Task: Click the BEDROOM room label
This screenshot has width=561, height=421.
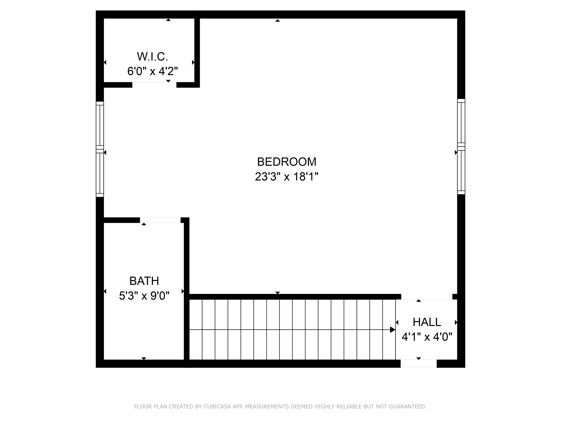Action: tap(287, 162)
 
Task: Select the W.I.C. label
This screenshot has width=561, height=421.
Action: tap(152, 57)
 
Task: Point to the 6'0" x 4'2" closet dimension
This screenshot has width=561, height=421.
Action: tap(152, 71)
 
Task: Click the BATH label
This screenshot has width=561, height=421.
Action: tap(144, 281)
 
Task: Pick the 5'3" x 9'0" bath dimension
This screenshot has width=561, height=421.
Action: tap(144, 296)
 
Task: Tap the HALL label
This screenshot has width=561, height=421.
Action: tap(427, 322)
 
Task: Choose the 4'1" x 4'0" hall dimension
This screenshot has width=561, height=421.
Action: tap(427, 337)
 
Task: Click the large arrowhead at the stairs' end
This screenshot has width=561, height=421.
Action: tap(392, 330)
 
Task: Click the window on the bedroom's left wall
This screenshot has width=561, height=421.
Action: tap(100, 149)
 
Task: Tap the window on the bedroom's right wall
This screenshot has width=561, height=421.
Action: tap(461, 147)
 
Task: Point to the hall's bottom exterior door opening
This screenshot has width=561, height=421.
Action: tap(419, 364)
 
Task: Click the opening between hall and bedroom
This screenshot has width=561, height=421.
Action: tap(427, 297)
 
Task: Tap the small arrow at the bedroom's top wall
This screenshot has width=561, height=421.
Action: tap(277, 20)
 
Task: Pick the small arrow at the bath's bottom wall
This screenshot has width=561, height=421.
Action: tap(144, 358)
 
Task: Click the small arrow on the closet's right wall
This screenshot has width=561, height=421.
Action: tap(193, 62)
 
